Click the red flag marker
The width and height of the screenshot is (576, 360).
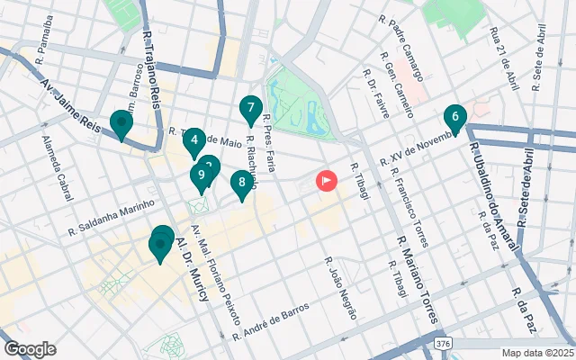(x=326, y=181)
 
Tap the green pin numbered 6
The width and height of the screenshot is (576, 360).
(x=455, y=117)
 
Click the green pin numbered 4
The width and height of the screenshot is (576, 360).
(x=193, y=141)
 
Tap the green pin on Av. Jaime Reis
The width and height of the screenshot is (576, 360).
(x=121, y=123)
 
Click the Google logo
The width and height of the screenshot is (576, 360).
(x=30, y=349)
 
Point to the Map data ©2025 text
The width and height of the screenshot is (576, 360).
(x=536, y=353)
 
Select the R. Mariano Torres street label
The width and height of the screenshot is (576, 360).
(x=418, y=279)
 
